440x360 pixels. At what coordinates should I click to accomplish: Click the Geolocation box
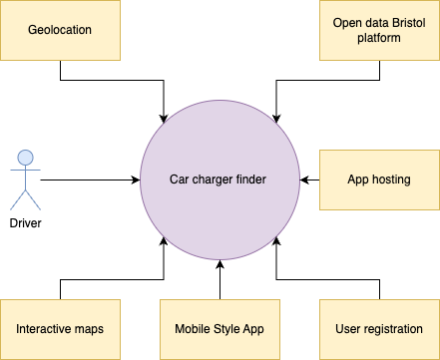[x=60, y=30]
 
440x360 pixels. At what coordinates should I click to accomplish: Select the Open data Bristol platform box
[x=379, y=30]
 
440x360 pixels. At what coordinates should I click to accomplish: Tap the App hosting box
[x=379, y=180]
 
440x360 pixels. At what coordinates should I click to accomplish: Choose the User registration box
[x=379, y=329]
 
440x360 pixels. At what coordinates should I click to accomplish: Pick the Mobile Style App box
[x=220, y=329]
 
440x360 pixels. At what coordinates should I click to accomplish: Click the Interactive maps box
[x=60, y=329]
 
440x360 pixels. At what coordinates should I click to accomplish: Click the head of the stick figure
[x=26, y=157]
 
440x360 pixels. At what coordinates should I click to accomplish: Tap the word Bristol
[x=403, y=23]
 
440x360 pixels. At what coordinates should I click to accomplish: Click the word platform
[x=379, y=38]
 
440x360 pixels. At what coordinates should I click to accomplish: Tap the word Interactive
[x=45, y=329]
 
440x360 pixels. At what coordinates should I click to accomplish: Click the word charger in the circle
[x=215, y=180]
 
